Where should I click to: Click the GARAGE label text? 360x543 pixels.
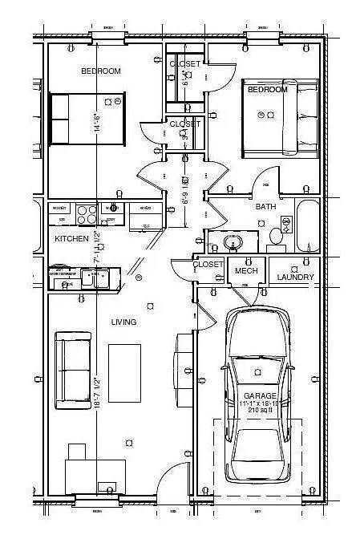(260, 396)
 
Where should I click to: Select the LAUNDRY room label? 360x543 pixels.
(296, 278)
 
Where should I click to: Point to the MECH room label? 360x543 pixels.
(245, 272)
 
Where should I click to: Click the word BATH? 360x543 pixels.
(265, 207)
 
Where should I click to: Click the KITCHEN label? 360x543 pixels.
(71, 239)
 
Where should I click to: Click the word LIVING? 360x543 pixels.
(123, 322)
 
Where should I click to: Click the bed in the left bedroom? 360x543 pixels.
(85, 120)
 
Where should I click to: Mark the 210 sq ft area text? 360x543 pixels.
(260, 410)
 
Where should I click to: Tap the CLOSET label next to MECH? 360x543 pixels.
(208, 264)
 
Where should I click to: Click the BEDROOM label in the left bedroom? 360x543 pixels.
(101, 71)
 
